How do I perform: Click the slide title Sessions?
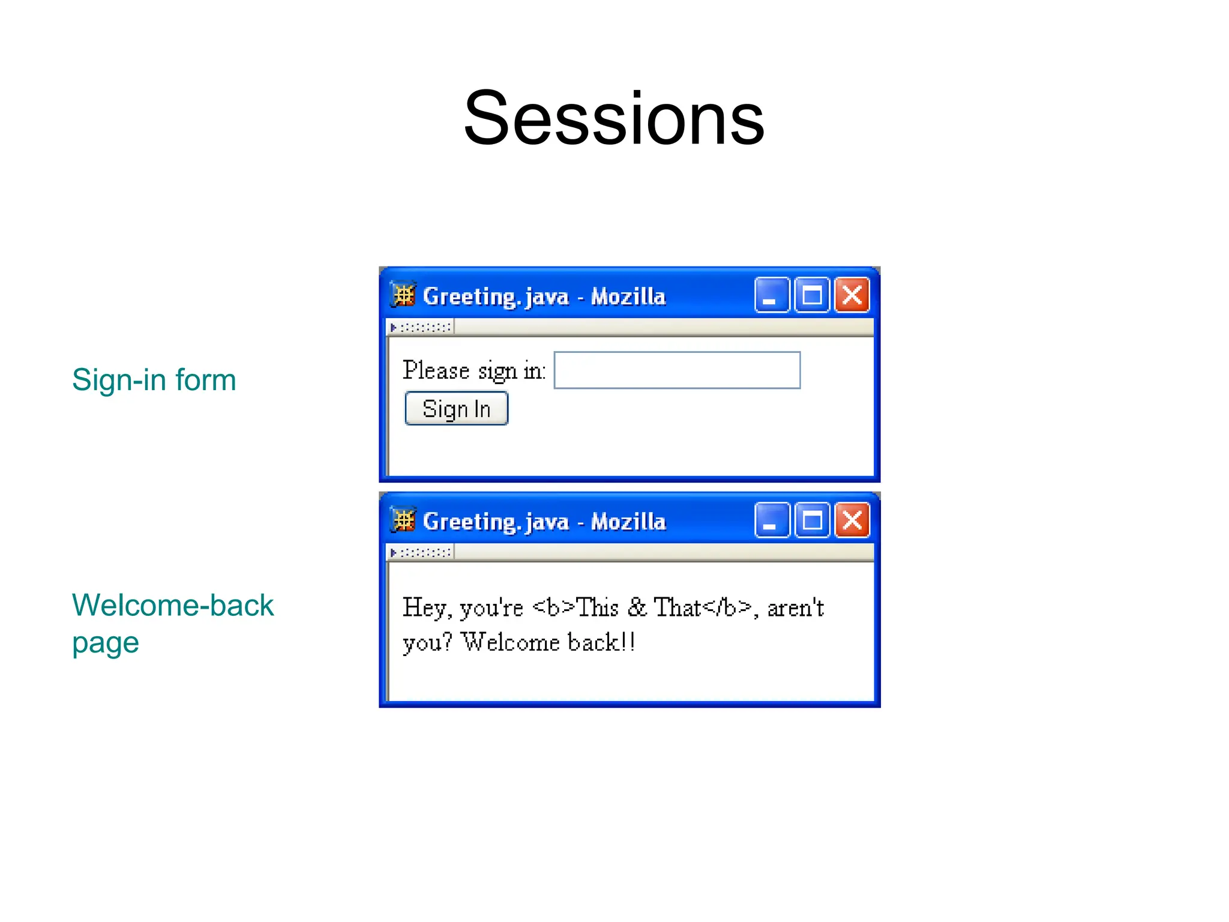point(614,118)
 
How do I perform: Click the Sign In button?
point(456,409)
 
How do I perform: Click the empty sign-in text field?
point(676,370)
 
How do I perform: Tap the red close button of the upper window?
point(852,295)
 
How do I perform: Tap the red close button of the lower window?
point(852,520)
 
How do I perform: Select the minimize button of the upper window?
point(771,295)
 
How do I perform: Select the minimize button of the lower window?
point(771,520)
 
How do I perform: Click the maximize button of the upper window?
point(811,295)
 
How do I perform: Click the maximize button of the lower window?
point(811,520)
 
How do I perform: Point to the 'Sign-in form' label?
point(154,380)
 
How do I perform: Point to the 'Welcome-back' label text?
point(173,605)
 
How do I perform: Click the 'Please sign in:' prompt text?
point(474,370)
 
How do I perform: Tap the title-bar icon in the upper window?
point(403,295)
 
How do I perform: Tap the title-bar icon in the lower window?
point(403,520)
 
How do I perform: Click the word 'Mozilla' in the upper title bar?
point(628,297)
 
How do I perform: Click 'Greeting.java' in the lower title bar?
point(496,522)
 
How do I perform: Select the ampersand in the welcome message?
point(637,607)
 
